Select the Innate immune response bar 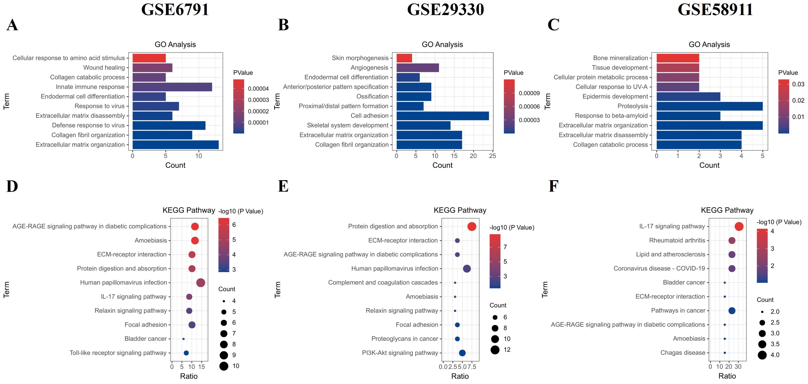[x=172, y=87]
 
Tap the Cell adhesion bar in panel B [x=442, y=116]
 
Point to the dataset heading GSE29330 [x=445, y=9]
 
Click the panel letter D [x=12, y=186]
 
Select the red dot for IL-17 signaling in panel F [x=739, y=227]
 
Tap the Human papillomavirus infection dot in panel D [x=201, y=283]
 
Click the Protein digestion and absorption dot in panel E [x=472, y=227]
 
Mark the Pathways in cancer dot [x=732, y=311]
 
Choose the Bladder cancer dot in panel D [x=183, y=339]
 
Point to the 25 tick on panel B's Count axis [x=493, y=156]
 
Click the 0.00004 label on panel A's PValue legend [x=258, y=89]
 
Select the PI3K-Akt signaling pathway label [x=400, y=353]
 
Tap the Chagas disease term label [x=683, y=353]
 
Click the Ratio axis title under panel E [x=460, y=376]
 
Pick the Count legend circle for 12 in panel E [x=495, y=350]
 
